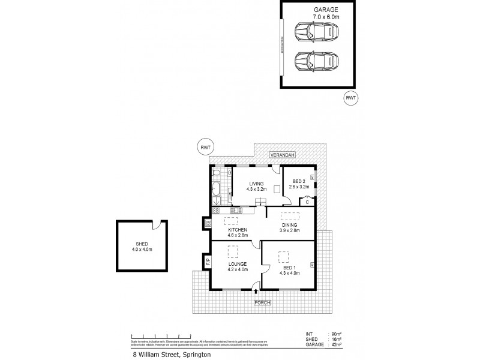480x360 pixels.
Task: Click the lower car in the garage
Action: [316, 61]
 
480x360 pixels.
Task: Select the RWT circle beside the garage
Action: [350, 98]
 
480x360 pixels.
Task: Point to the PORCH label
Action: [262, 302]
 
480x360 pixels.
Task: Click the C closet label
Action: [307, 203]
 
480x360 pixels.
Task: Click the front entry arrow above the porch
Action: [256, 293]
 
